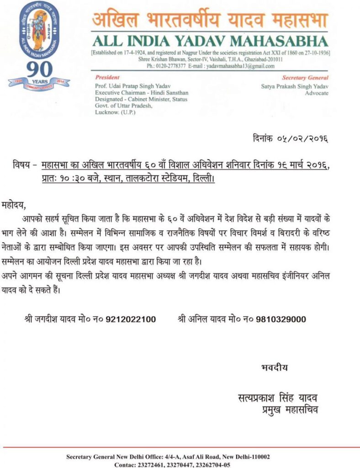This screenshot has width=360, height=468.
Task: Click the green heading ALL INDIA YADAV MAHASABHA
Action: click(210, 41)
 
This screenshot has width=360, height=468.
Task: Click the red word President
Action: click(108, 77)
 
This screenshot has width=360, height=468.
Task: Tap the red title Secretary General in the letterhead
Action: click(305, 78)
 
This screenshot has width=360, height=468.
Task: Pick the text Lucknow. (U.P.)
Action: click(115, 112)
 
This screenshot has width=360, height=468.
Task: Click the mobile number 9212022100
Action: click(130, 319)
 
